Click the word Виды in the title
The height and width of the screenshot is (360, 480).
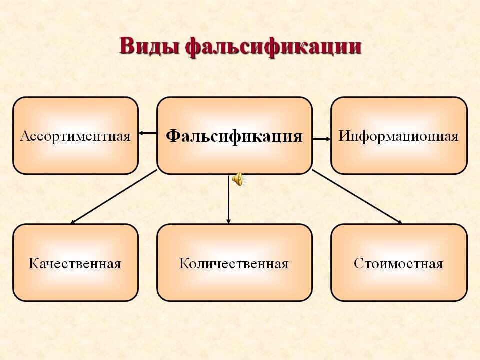click(149, 46)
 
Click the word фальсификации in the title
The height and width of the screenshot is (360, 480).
click(273, 48)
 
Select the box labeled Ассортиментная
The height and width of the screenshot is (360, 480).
click(75, 136)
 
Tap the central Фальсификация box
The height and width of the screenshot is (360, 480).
click(234, 136)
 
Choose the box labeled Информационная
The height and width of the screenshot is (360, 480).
click(399, 136)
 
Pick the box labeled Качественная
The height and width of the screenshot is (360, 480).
click(75, 263)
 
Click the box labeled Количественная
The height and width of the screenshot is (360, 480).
click(234, 263)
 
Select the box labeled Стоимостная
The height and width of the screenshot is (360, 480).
click(399, 263)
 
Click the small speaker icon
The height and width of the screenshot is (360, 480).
click(238, 179)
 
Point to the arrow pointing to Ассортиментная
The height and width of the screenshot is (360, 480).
click(148, 133)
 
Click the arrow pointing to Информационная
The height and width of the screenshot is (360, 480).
click(321, 139)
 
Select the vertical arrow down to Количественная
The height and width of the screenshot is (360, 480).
click(228, 199)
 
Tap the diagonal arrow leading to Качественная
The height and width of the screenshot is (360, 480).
click(113, 197)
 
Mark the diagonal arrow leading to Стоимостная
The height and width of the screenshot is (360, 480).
click(357, 197)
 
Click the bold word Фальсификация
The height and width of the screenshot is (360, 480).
click(234, 136)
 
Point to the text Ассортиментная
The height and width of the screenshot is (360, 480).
click(75, 136)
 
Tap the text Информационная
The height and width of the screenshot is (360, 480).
click(398, 136)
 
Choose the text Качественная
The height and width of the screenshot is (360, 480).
click(75, 263)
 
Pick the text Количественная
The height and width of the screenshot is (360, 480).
click(234, 263)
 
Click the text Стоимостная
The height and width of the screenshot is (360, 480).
click(398, 263)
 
